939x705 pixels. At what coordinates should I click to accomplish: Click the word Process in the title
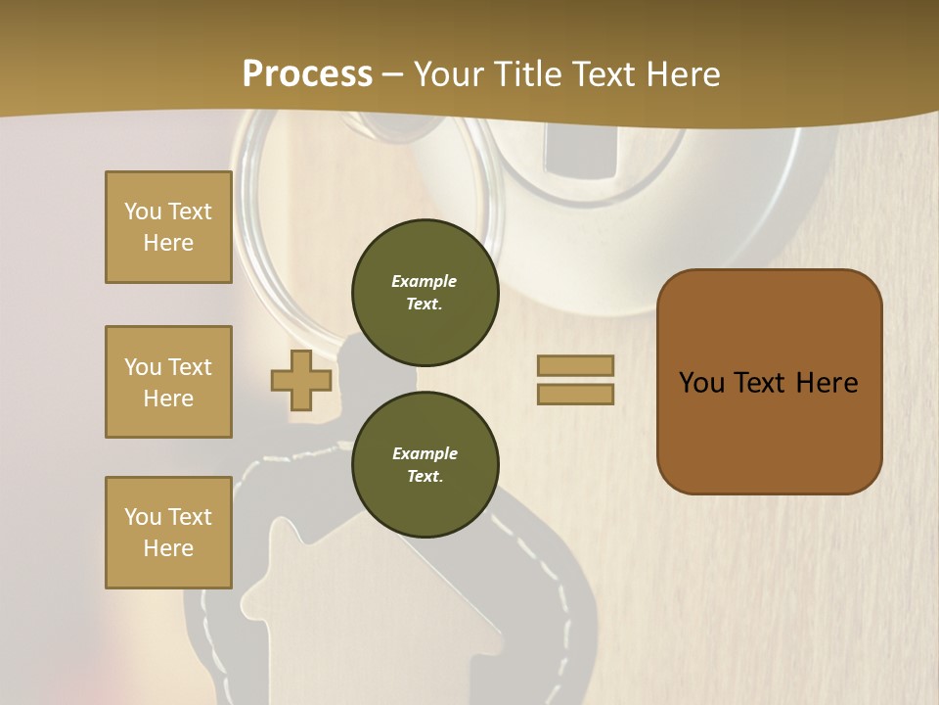tap(307, 74)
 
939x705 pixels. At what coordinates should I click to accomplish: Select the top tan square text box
tap(168, 227)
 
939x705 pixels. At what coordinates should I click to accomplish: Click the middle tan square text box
tap(168, 382)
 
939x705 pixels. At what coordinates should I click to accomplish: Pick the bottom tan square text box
tap(168, 533)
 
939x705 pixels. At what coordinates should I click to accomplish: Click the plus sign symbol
tap(301, 380)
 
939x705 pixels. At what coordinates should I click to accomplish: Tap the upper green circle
tap(425, 293)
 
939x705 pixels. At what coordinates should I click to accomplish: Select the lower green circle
tap(425, 465)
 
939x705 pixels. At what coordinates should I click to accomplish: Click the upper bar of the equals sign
tap(575, 365)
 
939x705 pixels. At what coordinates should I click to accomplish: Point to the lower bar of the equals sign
tap(575, 394)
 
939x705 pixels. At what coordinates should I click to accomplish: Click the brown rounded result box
tap(769, 382)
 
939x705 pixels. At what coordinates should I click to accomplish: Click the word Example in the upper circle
tap(425, 282)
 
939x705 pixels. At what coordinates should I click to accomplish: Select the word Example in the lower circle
tap(425, 454)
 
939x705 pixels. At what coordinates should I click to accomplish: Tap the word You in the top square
tap(142, 211)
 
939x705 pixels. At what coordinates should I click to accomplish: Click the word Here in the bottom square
tap(168, 548)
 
